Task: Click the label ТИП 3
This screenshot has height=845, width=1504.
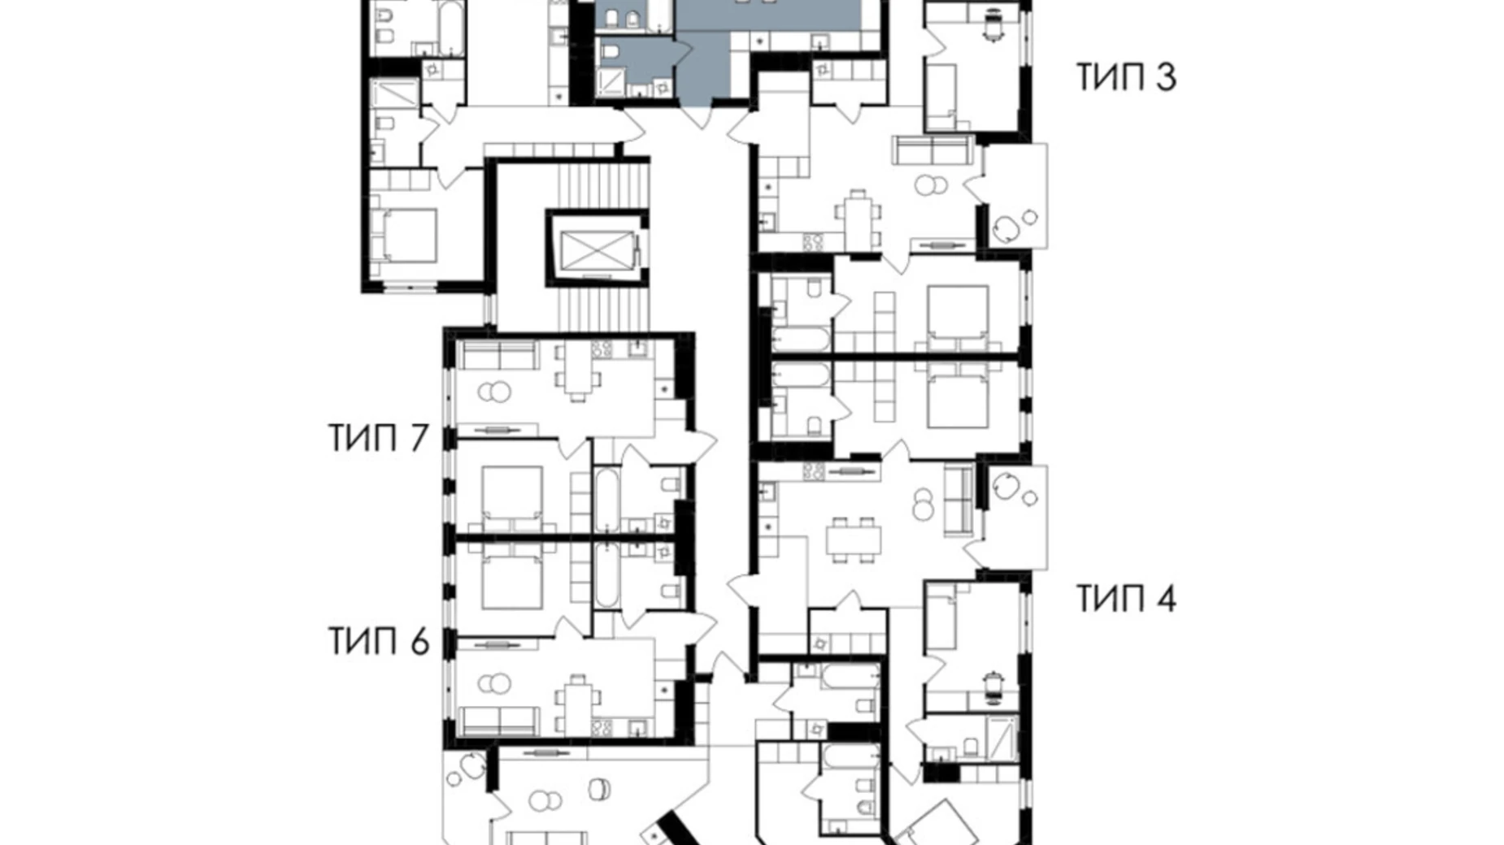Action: (x=1126, y=77)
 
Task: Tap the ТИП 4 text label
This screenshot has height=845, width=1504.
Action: (x=1127, y=599)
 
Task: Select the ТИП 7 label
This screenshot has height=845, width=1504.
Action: (x=378, y=438)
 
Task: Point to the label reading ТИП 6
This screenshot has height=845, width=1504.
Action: (x=378, y=641)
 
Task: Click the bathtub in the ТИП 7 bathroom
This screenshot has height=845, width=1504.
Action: (x=606, y=500)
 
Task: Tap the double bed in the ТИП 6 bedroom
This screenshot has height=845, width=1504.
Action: (x=512, y=577)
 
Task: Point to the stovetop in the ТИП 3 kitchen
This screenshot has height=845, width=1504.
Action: (x=813, y=241)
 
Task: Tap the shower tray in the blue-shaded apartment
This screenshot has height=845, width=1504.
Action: (x=611, y=82)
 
